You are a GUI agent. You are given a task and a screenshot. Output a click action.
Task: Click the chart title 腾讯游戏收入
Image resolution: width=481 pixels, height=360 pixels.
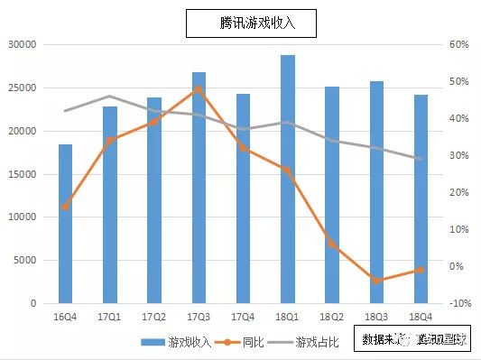coord(252,24)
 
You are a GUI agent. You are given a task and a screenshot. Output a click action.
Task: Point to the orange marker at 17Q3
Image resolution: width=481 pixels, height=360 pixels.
coord(199,89)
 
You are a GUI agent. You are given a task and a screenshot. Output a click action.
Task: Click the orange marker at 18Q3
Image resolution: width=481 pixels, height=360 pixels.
coord(376,281)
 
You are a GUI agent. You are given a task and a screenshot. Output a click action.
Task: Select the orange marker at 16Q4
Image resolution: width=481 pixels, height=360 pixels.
coord(66,207)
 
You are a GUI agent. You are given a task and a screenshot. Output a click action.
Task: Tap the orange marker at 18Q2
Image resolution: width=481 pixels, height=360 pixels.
coord(332,244)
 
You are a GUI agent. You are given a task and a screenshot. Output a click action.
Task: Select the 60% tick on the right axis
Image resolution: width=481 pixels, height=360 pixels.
coord(459,44)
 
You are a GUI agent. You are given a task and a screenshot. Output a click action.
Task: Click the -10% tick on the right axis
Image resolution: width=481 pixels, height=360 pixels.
coord(459,304)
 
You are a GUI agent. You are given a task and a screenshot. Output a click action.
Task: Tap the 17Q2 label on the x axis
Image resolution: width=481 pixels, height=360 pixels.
coord(154,317)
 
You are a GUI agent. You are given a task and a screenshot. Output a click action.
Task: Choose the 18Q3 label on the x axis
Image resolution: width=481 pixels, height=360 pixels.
coord(376,317)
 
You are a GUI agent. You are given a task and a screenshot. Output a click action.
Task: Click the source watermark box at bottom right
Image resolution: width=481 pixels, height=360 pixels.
coord(414,340)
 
